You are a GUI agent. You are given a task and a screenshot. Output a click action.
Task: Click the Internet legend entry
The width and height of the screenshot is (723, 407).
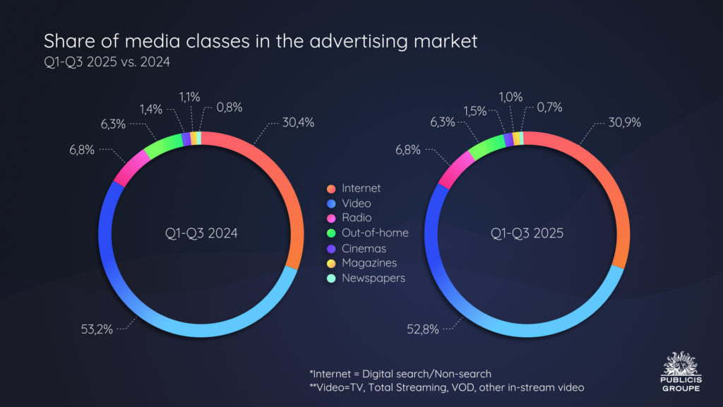[x=361, y=188]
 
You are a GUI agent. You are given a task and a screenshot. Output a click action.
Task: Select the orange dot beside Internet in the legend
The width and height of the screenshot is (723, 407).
[x=330, y=188]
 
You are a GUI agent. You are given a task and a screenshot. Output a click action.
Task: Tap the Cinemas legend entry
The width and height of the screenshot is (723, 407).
[x=364, y=248]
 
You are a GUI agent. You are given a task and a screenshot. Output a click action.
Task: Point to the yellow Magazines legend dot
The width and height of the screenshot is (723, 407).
[x=330, y=263]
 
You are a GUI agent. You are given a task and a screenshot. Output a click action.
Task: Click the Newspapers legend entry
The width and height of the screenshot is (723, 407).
[x=374, y=278]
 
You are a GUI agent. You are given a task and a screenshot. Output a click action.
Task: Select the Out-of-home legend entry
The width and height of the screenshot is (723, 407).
[x=375, y=232]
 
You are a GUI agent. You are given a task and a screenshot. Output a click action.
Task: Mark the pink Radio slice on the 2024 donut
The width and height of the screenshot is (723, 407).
[x=129, y=167]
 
